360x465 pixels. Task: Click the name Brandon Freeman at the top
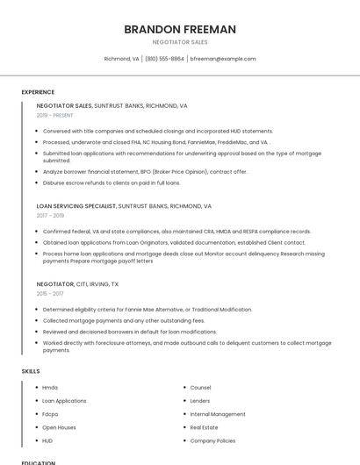pyautogui.click(x=180, y=29)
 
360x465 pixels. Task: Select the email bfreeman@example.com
pyautogui.click(x=222, y=59)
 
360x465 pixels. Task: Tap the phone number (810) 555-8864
pyautogui.click(x=164, y=59)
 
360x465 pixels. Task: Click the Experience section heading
pyautogui.click(x=38, y=92)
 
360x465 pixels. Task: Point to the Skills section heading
pyautogui.click(x=31, y=371)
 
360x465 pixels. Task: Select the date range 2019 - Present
pyautogui.click(x=55, y=115)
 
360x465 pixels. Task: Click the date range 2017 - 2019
pyautogui.click(x=50, y=215)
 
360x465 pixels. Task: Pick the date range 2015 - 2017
pyautogui.click(x=49, y=294)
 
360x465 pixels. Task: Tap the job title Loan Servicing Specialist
pyautogui.click(x=76, y=206)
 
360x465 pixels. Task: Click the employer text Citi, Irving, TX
pyautogui.click(x=98, y=285)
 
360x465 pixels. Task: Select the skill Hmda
pyautogui.click(x=50, y=388)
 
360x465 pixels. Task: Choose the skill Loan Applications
pyautogui.click(x=64, y=401)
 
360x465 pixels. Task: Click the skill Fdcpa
pyautogui.click(x=50, y=414)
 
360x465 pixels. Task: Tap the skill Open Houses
pyautogui.click(x=58, y=427)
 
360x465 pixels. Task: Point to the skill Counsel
pyautogui.click(x=200, y=388)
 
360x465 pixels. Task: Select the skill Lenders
pyautogui.click(x=200, y=401)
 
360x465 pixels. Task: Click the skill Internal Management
pyautogui.click(x=218, y=414)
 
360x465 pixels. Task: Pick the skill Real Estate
pyautogui.click(x=204, y=427)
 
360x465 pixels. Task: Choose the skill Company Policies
pyautogui.click(x=212, y=440)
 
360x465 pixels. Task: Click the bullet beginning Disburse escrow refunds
pyautogui.click(x=112, y=182)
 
